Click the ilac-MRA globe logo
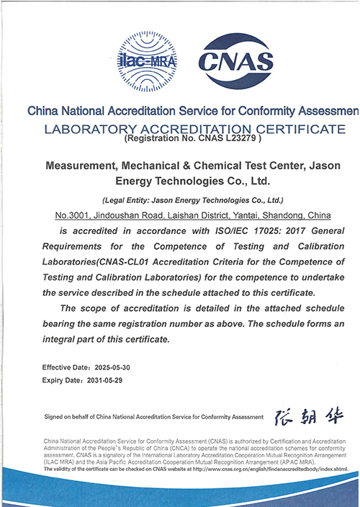point(146,58)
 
